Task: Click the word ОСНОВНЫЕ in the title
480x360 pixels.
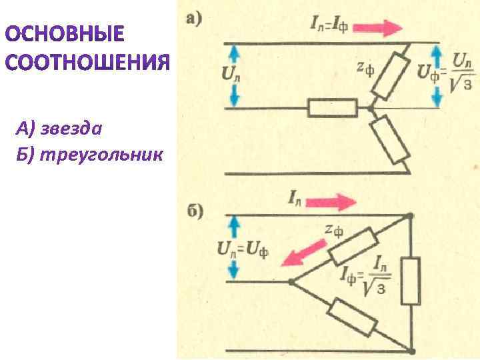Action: (x=65, y=34)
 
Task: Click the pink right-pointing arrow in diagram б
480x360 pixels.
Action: (x=335, y=201)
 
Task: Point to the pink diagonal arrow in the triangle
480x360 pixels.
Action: (x=303, y=253)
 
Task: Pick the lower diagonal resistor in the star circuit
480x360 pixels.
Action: (x=391, y=141)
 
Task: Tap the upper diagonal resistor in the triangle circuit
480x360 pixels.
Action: (x=351, y=245)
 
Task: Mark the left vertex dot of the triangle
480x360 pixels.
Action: (x=290, y=281)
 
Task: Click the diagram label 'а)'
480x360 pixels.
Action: (x=195, y=20)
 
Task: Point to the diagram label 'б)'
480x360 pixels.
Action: (x=195, y=213)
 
